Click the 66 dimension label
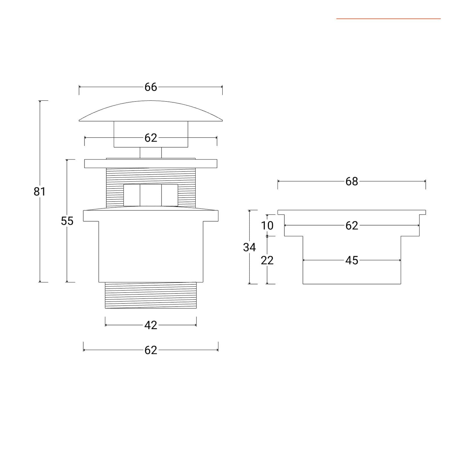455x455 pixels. (x=151, y=87)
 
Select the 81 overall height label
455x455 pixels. (x=40, y=192)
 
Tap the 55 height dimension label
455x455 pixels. (x=67, y=221)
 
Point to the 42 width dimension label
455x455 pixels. (x=151, y=325)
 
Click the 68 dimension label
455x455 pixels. (x=352, y=181)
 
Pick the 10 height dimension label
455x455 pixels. (x=267, y=226)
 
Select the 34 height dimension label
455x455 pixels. (x=249, y=247)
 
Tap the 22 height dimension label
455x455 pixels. (x=267, y=260)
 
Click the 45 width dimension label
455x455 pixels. (x=352, y=260)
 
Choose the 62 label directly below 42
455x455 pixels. (x=151, y=350)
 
